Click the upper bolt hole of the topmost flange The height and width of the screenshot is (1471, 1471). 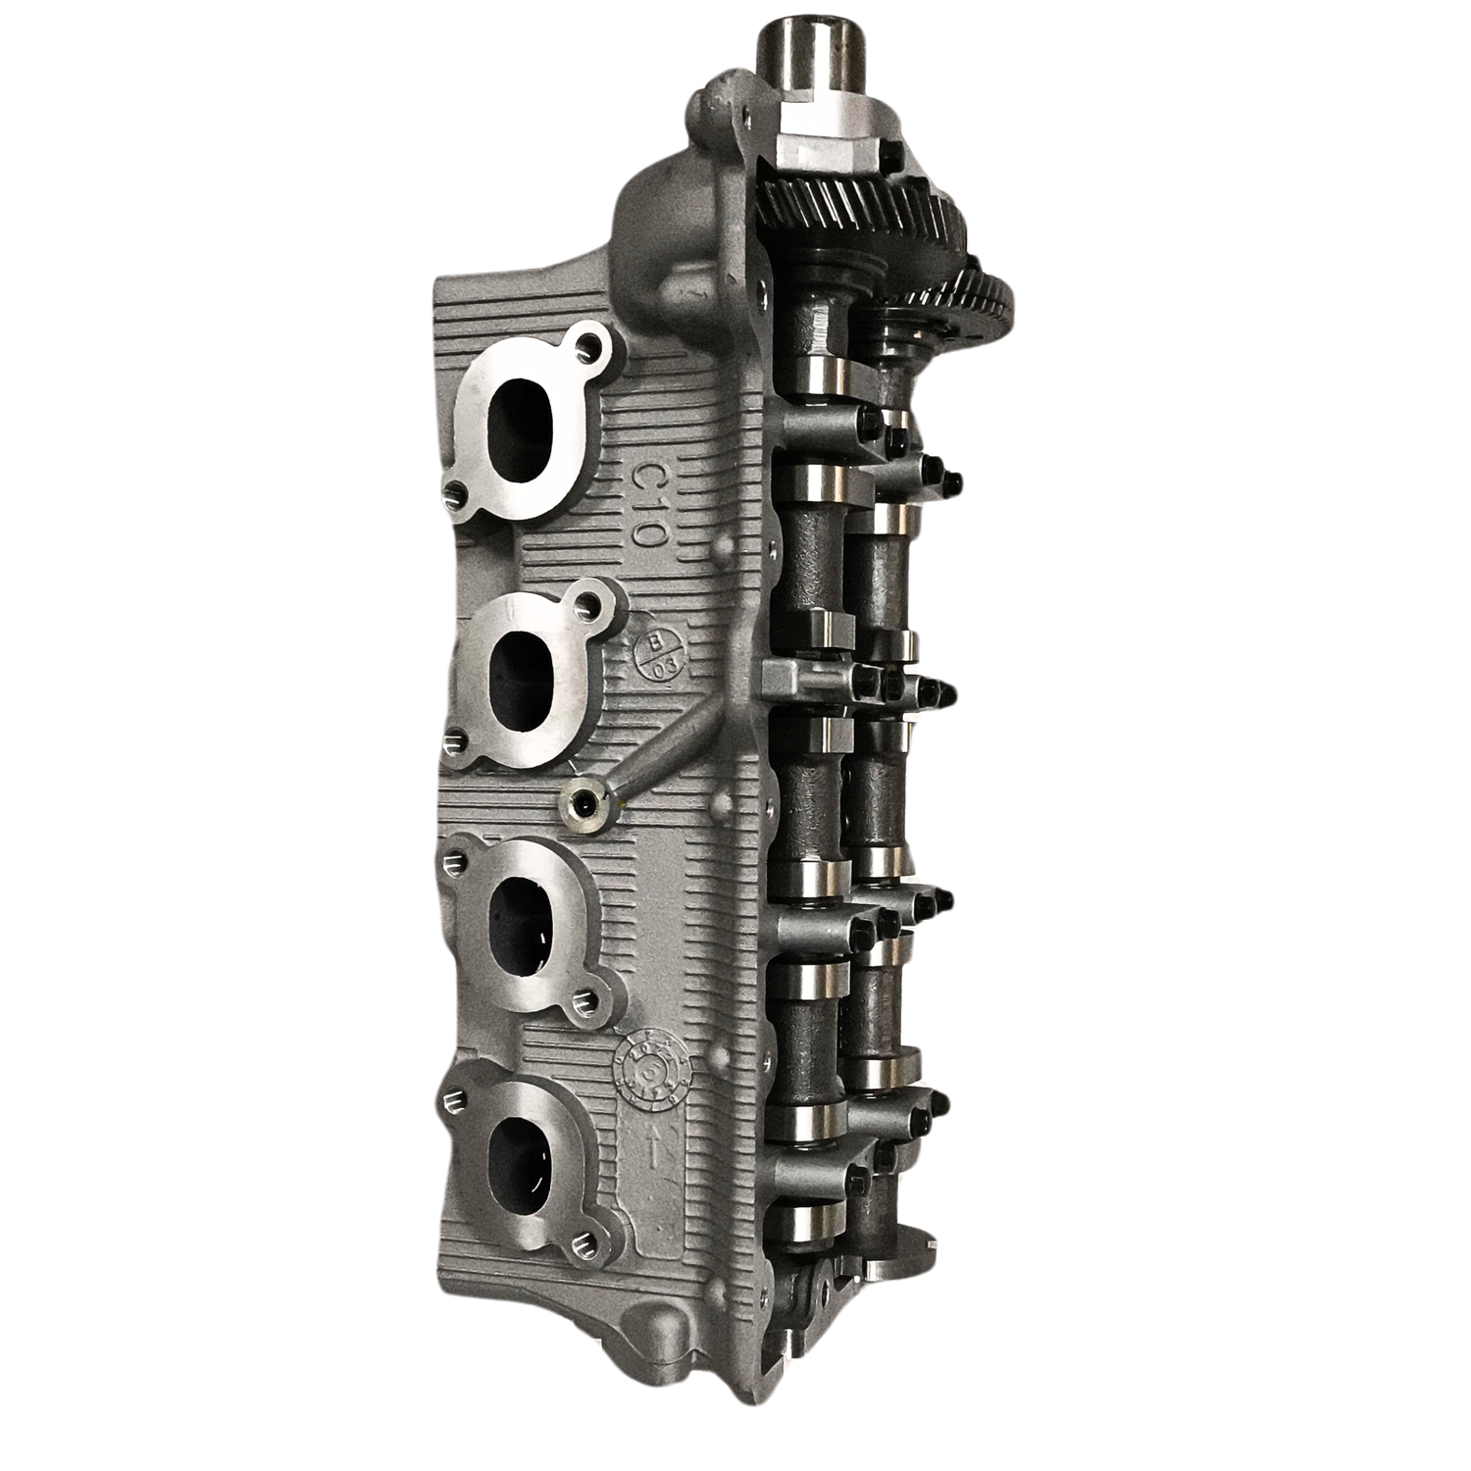coord(588,344)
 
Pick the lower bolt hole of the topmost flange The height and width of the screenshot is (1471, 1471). coord(454,490)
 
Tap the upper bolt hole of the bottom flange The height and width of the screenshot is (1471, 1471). coord(452,1099)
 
